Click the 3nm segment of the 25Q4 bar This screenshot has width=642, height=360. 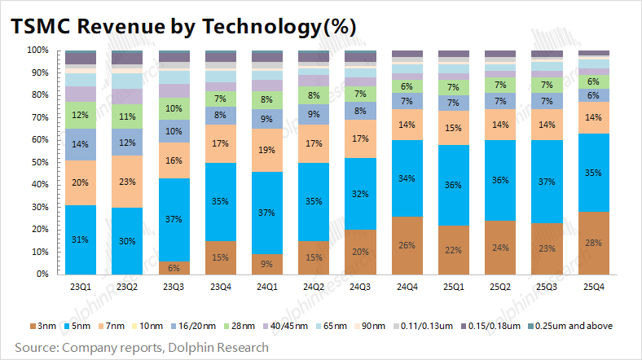click(x=594, y=243)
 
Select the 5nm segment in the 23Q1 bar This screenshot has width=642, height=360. click(x=81, y=239)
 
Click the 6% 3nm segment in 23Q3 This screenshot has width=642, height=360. click(x=174, y=268)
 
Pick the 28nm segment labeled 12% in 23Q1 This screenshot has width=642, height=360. click(x=81, y=115)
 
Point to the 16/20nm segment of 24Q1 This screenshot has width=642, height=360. click(x=267, y=119)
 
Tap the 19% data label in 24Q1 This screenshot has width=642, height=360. click(x=267, y=150)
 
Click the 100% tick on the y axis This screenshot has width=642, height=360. click(x=38, y=50)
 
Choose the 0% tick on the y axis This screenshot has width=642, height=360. click(x=43, y=274)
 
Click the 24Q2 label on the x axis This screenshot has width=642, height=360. click(x=314, y=287)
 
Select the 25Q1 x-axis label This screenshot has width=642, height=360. click(x=454, y=287)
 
